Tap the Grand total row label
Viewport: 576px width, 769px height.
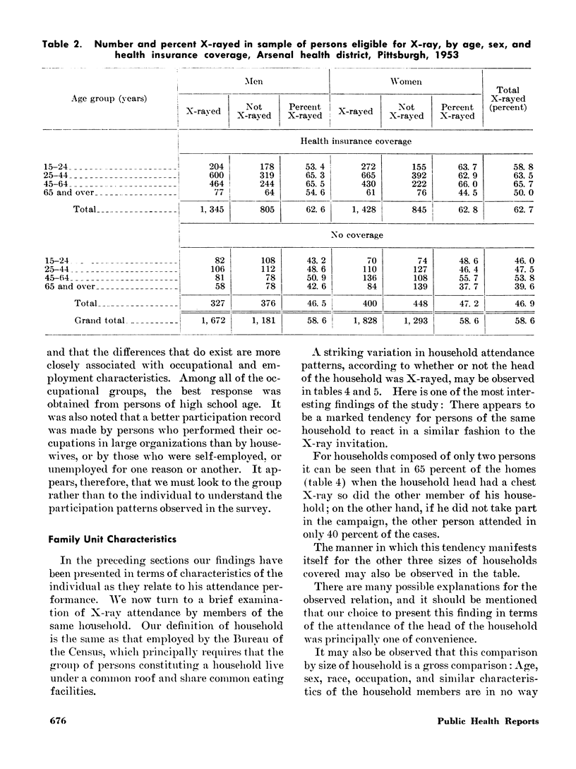(x=101, y=320)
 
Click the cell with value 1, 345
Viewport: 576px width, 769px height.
(x=203, y=209)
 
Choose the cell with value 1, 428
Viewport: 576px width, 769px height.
(x=356, y=209)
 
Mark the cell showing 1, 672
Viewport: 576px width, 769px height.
(x=203, y=320)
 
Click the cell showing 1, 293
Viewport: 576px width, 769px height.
(x=407, y=320)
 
